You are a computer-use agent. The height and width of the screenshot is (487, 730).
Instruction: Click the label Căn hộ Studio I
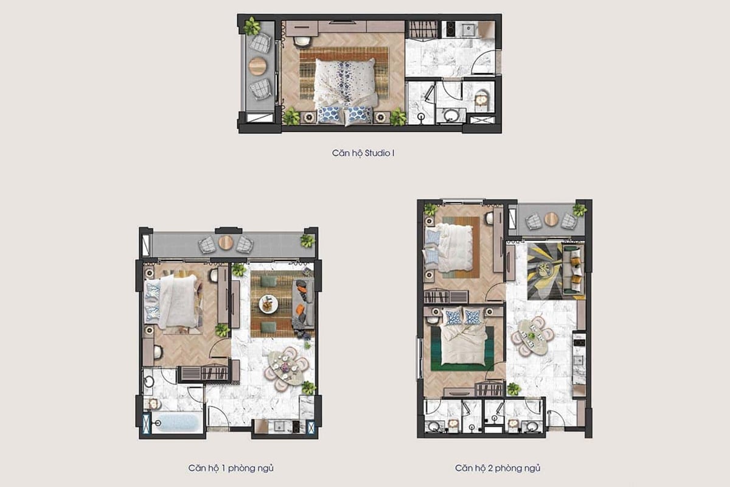(364, 153)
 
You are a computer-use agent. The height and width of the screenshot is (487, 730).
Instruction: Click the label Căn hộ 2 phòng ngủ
(498, 468)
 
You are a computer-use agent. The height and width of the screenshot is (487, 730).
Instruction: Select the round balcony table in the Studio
(257, 65)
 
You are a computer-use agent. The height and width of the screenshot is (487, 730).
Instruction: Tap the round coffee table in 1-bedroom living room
(268, 303)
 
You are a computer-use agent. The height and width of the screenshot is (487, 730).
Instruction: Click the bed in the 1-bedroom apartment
(176, 301)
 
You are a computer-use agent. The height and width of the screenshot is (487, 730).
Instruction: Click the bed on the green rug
(464, 343)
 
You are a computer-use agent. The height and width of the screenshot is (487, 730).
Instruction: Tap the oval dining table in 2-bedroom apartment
(532, 336)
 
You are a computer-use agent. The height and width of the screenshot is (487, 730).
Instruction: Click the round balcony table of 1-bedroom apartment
(226, 243)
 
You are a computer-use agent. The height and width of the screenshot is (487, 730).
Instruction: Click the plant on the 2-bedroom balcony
(579, 210)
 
